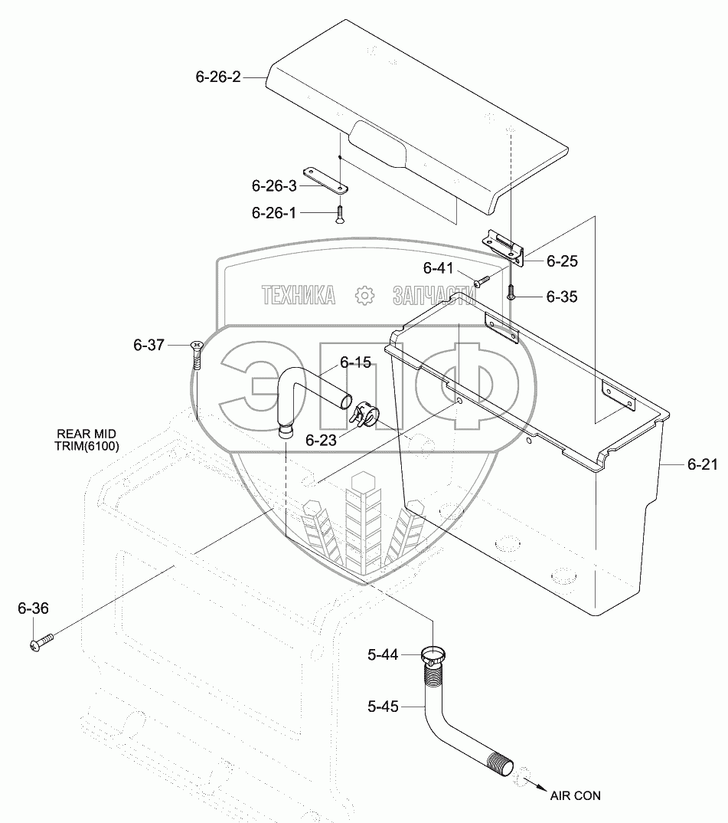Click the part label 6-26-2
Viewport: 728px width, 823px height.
coord(218,77)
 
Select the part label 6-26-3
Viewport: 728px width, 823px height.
coord(273,185)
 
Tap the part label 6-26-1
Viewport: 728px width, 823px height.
coord(273,212)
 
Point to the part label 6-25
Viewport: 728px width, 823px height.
coord(562,261)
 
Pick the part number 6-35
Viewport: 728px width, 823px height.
coord(562,297)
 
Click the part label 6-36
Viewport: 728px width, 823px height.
coord(33,608)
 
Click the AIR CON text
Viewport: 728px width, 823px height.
coord(575,795)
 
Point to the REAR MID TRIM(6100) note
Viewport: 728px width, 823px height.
coord(86,438)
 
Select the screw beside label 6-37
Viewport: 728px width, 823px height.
coord(197,354)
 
